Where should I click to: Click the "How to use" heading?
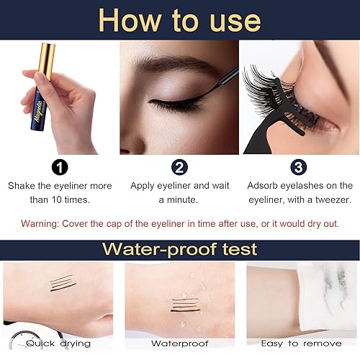point(179,19)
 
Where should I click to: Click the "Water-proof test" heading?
point(179,250)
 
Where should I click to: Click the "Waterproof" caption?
point(179,343)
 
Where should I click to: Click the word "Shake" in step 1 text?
point(23,185)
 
